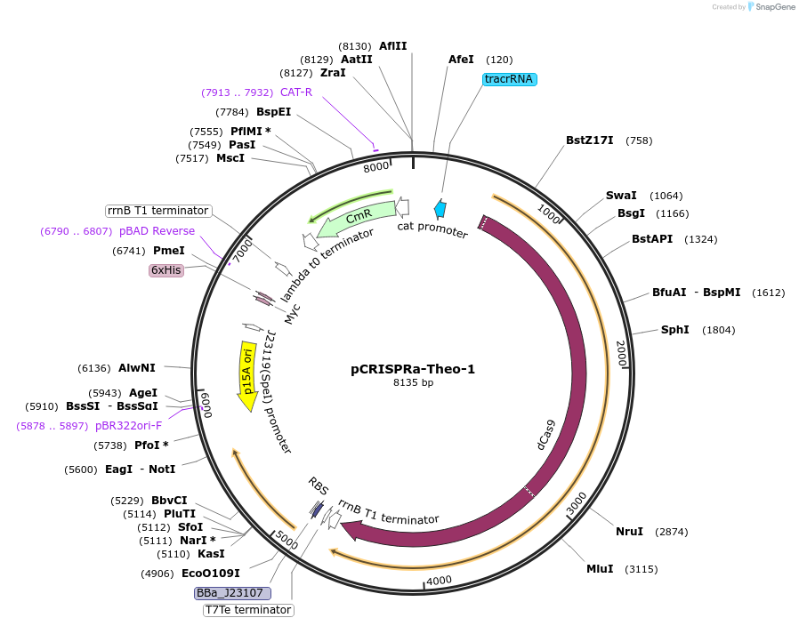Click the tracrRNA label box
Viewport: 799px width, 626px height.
tap(510, 79)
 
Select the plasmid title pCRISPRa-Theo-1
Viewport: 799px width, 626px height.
tap(413, 369)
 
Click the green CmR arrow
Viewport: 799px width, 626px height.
tap(357, 217)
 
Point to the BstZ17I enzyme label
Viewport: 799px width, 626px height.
tap(589, 140)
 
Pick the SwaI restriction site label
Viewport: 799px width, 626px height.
tap(621, 196)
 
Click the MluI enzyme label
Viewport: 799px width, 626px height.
tap(600, 569)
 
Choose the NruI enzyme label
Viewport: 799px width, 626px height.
tap(629, 532)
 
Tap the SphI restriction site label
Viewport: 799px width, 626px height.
tap(674, 330)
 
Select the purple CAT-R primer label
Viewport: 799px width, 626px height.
tap(295, 92)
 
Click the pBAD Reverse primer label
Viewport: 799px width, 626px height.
tap(157, 231)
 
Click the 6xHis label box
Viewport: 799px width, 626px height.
tap(166, 270)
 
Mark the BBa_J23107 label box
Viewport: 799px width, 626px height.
tap(233, 592)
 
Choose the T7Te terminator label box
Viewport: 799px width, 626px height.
tap(248, 610)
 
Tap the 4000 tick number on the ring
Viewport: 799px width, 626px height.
tap(439, 581)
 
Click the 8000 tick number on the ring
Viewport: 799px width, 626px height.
tap(377, 166)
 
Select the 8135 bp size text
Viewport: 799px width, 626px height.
tap(413, 383)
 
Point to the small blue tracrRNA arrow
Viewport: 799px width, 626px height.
tap(440, 209)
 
